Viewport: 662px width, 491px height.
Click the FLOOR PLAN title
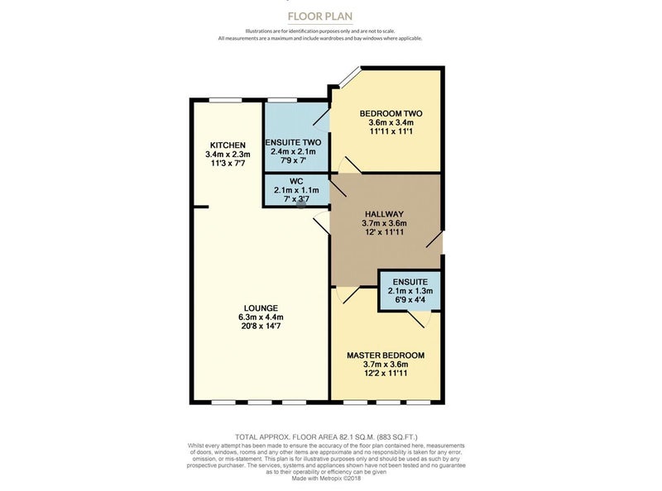coord(320,17)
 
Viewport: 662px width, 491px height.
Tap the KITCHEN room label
coord(228,145)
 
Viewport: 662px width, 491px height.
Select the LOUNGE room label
coord(261,308)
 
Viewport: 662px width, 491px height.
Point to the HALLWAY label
coord(384,214)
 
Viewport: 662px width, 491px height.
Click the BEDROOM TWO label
coord(391,113)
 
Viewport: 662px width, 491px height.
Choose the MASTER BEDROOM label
coord(386,355)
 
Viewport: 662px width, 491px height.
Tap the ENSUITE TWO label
coord(293,142)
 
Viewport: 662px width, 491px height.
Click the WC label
coord(296,181)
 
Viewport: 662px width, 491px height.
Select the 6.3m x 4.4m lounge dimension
coord(261,317)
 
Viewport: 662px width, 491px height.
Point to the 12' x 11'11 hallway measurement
coord(384,232)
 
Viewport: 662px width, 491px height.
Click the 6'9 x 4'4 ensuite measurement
coord(410,300)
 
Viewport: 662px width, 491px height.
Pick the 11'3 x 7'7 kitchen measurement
coord(228,163)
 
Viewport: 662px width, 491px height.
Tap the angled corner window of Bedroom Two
coord(350,77)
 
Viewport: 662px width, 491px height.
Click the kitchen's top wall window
coord(225,100)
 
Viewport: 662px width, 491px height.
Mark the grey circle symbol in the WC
coord(301,204)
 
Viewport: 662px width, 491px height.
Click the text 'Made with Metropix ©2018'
coord(326,479)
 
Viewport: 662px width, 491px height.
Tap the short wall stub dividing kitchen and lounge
coord(201,207)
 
